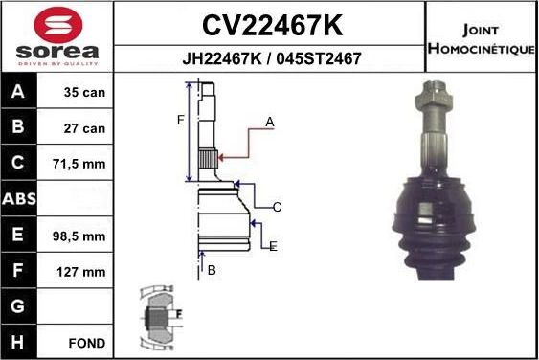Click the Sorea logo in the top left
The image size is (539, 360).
click(56, 36)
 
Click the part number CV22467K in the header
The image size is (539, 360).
click(271, 24)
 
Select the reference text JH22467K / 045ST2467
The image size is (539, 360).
click(271, 58)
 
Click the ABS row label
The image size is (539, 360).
click(18, 200)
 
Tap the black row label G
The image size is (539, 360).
click(18, 306)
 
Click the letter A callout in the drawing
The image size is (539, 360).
click(270, 122)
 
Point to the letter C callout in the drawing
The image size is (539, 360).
click(277, 207)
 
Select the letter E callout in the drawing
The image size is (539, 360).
click(273, 246)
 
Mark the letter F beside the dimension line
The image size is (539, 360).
click(178, 120)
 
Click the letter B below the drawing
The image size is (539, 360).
click(212, 270)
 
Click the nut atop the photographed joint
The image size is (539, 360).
click(430, 96)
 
